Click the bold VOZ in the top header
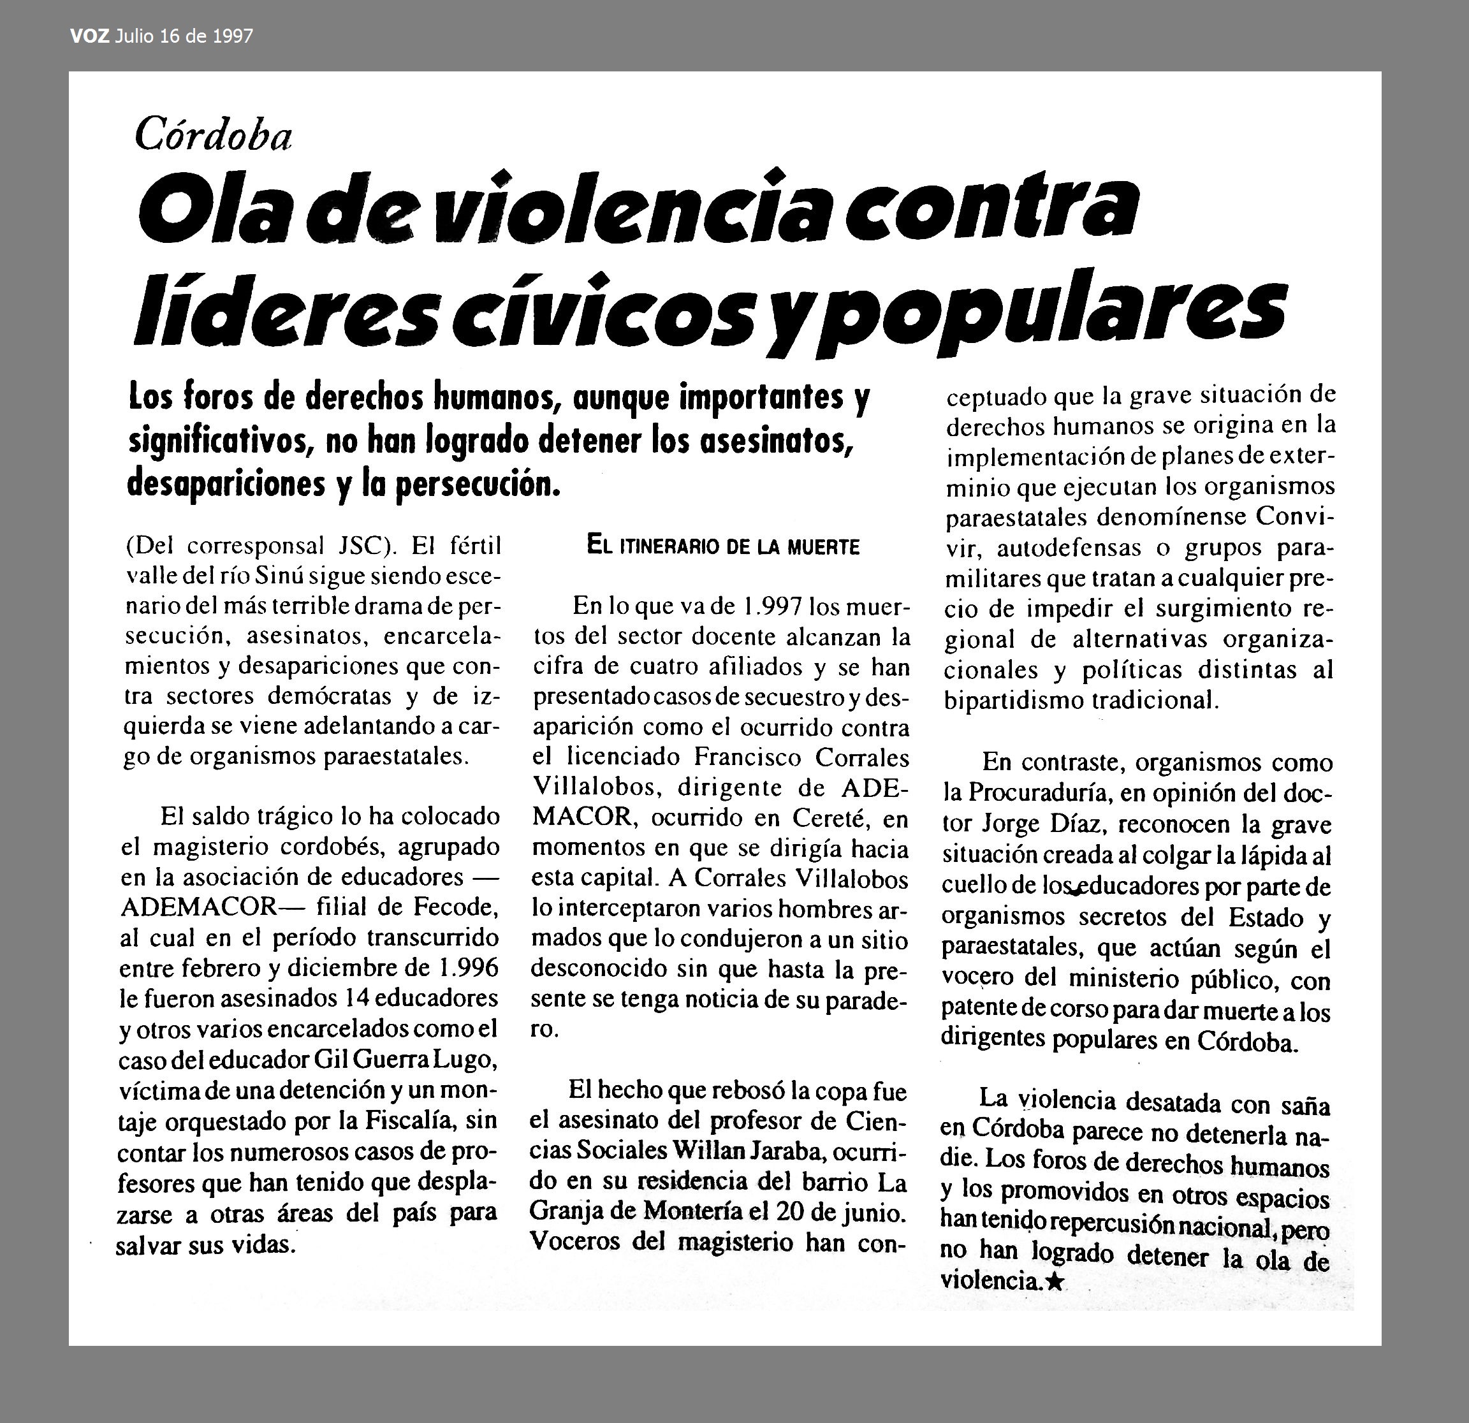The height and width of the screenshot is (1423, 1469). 90,36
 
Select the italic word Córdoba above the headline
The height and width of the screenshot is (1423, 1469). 213,136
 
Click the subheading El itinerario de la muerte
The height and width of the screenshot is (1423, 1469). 723,547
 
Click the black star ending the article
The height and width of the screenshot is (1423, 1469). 1054,1282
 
